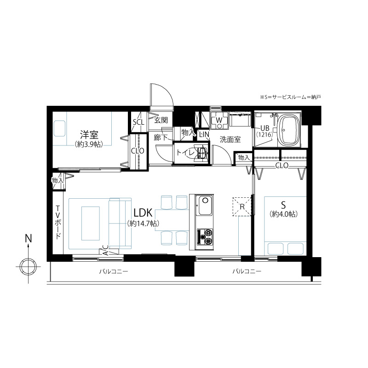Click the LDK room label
pos(143,213)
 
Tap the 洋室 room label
pos(89,135)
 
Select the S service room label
pos(283,205)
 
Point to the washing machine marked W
pos(219,121)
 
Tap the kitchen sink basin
pos(205,205)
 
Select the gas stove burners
pos(205,237)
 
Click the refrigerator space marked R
pos(242,207)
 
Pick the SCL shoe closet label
pos(138,122)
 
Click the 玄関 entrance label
pos(161,121)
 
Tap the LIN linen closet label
pos(204,134)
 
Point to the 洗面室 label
pos(230,139)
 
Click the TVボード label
pos(58,222)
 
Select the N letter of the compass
pos(29,238)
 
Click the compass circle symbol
pos(28,267)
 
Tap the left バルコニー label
pos(113,271)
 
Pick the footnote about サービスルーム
pos(290,97)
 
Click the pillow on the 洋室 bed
pos(59,129)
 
